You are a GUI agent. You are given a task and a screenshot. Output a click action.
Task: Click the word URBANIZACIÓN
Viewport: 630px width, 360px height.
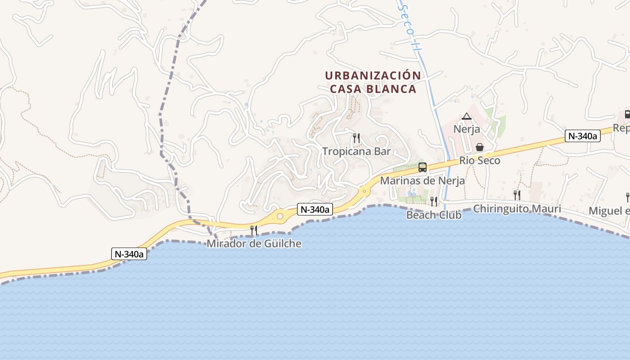[x=373, y=76]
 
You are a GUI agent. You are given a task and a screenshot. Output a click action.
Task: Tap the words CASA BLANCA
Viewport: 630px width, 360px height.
[x=373, y=89]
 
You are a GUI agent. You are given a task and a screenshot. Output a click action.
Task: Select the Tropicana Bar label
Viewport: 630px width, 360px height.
[x=356, y=151]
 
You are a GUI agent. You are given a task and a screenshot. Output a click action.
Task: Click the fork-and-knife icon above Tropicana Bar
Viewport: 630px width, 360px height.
[x=356, y=138]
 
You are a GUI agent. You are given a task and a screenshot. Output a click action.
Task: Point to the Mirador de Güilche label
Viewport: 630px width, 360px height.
[x=254, y=244]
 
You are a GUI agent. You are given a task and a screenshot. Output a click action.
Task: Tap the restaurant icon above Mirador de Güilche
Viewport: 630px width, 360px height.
[x=254, y=230]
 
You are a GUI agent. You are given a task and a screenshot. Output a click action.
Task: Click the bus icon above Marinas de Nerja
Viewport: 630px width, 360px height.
[x=422, y=167]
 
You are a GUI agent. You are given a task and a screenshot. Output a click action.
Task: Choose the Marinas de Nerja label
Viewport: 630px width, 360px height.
[x=422, y=181]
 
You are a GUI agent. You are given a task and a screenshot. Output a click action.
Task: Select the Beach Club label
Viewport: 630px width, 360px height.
[x=434, y=215]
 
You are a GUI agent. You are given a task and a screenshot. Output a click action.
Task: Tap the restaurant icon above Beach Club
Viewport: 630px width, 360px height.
[x=434, y=201]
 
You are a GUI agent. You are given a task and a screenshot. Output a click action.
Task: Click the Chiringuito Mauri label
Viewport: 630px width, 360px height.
[x=517, y=209]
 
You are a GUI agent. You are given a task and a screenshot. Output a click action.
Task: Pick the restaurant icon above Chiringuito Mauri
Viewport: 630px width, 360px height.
[x=517, y=195]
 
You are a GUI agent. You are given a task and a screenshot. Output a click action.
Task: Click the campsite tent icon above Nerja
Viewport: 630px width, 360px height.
[x=467, y=116]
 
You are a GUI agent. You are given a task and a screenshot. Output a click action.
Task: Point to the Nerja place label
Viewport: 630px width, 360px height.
[x=467, y=129]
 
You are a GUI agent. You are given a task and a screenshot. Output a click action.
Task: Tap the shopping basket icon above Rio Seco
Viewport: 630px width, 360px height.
[x=480, y=147]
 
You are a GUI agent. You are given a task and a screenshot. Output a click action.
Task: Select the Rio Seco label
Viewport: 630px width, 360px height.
[x=480, y=161]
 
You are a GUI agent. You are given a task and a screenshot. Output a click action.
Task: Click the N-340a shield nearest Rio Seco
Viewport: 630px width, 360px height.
[x=583, y=136]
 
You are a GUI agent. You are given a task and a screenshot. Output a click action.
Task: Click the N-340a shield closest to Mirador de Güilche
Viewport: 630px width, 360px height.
[x=315, y=209]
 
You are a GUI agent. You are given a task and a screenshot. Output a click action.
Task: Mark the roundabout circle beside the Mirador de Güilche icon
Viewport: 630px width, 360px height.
[x=280, y=216]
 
